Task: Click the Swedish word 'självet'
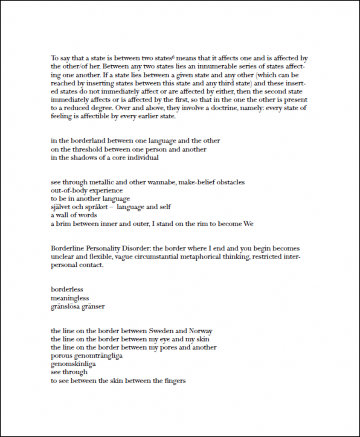point(62,207)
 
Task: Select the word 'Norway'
point(200,331)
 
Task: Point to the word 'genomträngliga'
point(100,356)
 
